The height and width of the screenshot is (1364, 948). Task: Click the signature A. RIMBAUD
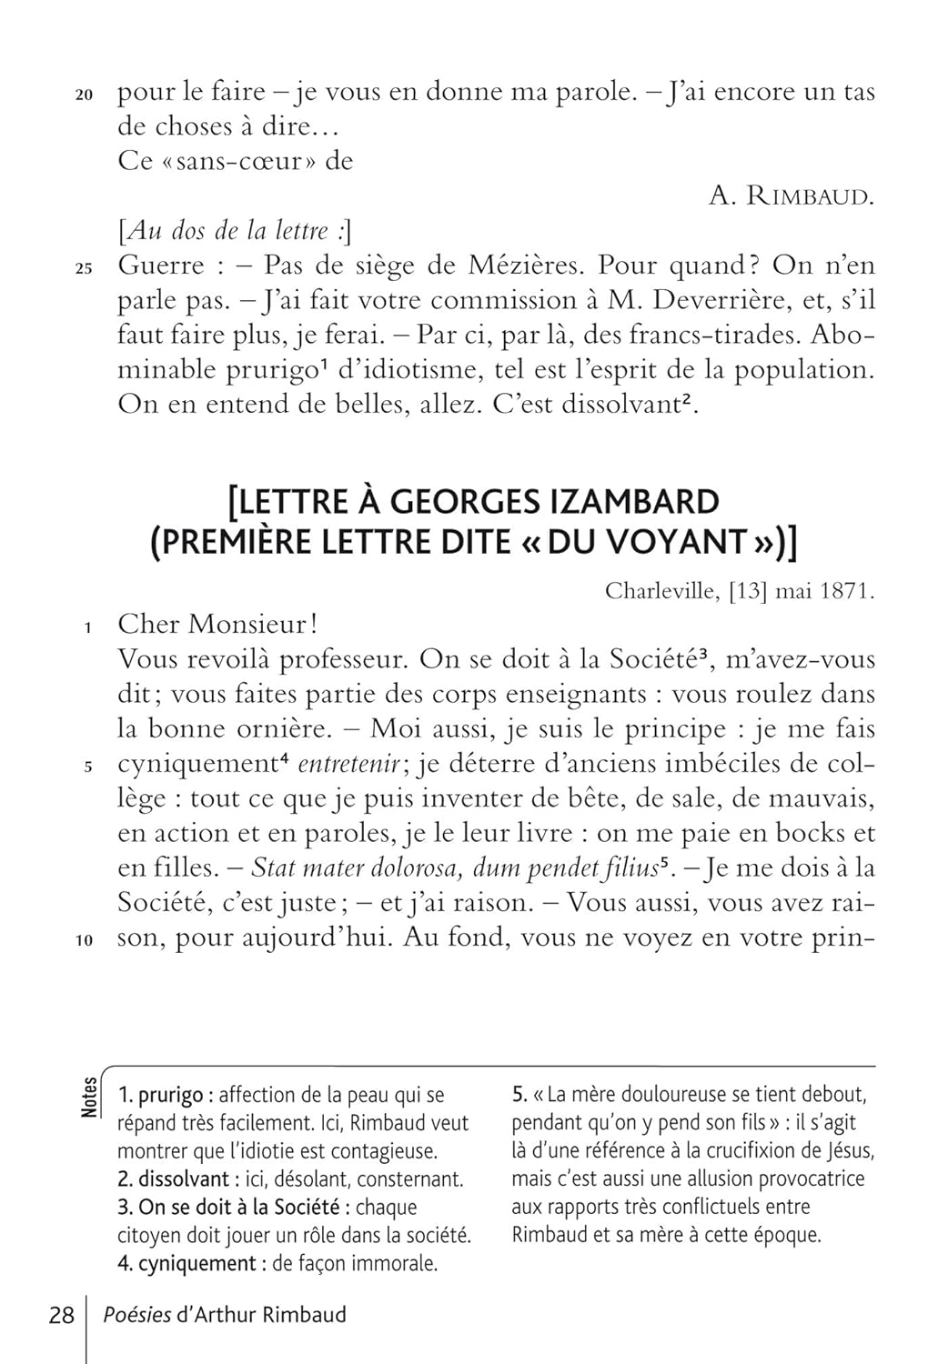click(x=791, y=196)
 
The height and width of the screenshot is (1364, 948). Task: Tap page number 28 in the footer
click(x=61, y=1315)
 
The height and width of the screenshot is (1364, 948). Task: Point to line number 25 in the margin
click(x=84, y=269)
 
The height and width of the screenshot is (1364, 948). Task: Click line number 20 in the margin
click(x=84, y=95)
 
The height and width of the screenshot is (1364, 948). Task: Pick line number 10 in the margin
click(x=84, y=941)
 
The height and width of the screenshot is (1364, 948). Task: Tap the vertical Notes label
click(x=89, y=1097)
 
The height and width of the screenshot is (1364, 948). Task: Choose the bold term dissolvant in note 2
click(x=184, y=1179)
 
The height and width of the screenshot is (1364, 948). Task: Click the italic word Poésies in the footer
click(x=137, y=1315)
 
